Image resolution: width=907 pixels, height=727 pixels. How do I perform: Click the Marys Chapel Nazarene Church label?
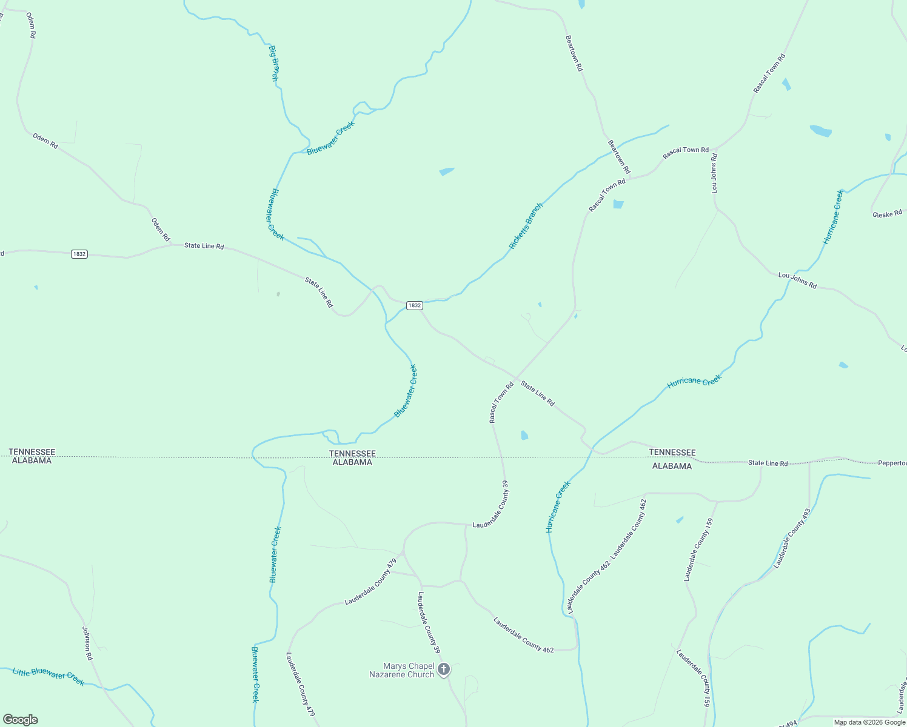[402, 670]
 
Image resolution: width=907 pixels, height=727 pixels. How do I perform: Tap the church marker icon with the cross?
[444, 669]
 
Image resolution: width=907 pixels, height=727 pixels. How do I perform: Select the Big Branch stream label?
[274, 63]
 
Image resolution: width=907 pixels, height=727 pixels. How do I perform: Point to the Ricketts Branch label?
[526, 226]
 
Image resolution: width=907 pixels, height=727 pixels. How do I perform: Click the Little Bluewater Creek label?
[49, 676]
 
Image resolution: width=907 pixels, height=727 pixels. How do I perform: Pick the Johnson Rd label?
[87, 643]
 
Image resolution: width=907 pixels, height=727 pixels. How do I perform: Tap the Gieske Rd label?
[887, 213]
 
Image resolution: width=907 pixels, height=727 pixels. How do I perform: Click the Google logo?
[20, 720]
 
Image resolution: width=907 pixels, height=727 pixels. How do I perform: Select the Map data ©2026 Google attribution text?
[869, 722]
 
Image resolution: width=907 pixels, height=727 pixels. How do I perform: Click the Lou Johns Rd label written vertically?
[715, 173]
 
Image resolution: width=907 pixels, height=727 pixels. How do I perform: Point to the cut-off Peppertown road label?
[892, 463]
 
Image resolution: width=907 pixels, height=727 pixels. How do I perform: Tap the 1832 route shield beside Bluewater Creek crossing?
[414, 305]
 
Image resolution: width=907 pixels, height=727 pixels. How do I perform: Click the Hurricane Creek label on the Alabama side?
[558, 506]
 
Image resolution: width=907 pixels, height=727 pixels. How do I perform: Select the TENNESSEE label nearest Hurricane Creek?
[672, 453]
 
